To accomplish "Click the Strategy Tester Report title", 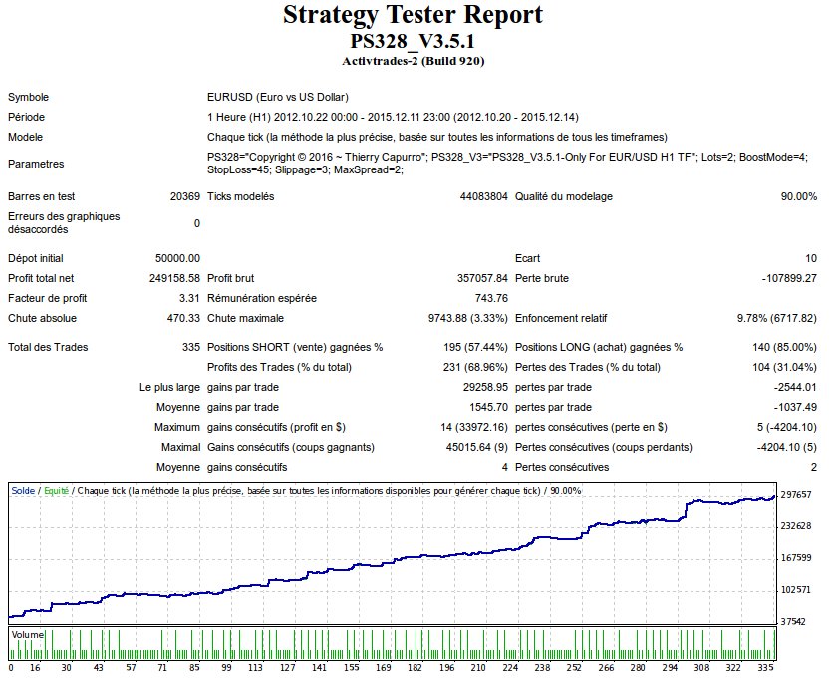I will point(414,16).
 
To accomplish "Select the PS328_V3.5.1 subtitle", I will point(414,42).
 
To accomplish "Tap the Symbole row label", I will point(29,97).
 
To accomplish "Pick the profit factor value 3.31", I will point(189,298).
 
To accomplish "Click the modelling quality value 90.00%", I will point(798,196).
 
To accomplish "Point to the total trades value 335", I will point(189,347).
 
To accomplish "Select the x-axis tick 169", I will point(383,668).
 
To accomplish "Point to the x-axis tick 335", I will point(765,668).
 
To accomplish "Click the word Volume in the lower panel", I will point(27,634).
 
